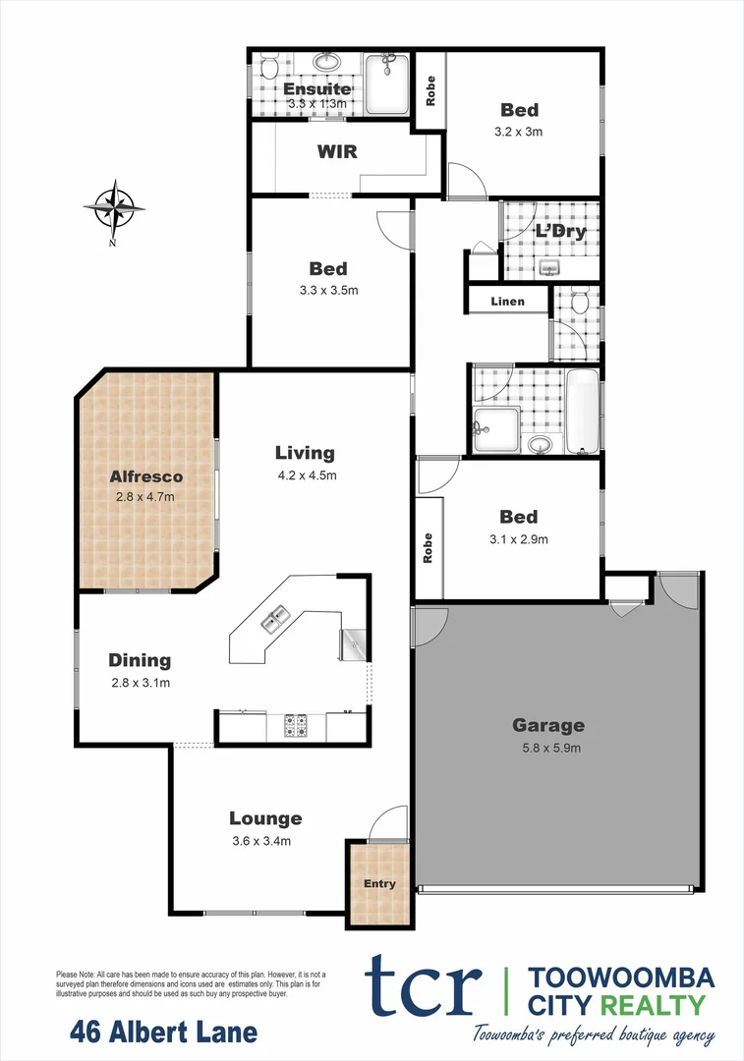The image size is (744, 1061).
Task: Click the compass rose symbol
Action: [x=114, y=208]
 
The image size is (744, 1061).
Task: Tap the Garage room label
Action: [x=547, y=726]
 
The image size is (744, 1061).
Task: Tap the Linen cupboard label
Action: [x=507, y=302]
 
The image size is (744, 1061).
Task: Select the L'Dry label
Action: [x=560, y=232]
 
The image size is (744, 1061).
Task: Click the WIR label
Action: [x=336, y=152]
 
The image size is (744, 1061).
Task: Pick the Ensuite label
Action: [x=316, y=89]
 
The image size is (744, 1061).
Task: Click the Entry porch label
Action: [x=379, y=884]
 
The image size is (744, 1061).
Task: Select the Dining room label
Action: [x=140, y=660]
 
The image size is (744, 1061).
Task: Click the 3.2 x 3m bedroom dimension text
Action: [x=520, y=131]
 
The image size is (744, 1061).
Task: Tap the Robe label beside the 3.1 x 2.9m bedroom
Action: [x=428, y=547]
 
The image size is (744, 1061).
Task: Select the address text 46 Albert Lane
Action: [x=164, y=1033]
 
